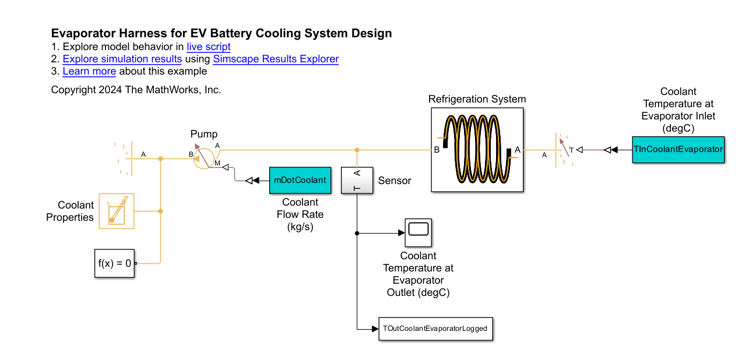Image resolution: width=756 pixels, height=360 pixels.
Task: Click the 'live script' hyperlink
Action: [209, 47]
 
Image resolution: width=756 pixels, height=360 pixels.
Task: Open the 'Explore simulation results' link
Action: [122, 59]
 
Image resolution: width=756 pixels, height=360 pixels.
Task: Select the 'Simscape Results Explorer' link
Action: [276, 59]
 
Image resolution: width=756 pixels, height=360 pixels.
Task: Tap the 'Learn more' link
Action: [89, 71]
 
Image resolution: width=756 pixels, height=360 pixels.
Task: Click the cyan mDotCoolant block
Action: [300, 180]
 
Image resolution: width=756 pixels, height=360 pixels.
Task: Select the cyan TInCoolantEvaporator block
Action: [678, 149]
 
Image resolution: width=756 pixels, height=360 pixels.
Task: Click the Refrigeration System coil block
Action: [477, 150]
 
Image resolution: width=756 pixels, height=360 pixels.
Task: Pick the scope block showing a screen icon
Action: [419, 232]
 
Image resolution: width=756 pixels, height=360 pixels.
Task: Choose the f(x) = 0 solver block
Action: [115, 263]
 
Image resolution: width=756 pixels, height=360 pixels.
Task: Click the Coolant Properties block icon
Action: [117, 210]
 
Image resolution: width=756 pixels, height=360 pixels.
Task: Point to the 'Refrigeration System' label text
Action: [477, 99]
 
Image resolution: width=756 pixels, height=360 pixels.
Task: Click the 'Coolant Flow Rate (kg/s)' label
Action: [300, 214]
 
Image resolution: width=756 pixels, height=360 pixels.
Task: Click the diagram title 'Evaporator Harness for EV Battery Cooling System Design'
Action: [221, 33]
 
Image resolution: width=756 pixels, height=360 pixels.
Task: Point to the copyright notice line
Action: [136, 90]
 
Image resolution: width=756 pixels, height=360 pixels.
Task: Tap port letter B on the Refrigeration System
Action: [437, 150]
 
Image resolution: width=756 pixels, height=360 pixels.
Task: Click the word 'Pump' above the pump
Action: [203, 134]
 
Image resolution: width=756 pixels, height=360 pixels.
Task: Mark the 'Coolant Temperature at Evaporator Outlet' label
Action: [418, 274]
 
